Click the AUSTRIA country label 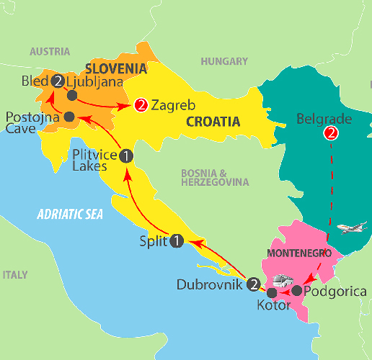click(x=50, y=52)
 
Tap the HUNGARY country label click(x=225, y=62)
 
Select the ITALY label click(x=14, y=275)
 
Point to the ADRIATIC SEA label click(x=70, y=214)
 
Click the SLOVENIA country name click(x=116, y=68)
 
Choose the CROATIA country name click(x=213, y=122)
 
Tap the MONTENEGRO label click(x=298, y=254)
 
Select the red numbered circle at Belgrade click(x=331, y=133)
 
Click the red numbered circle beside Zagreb click(x=141, y=105)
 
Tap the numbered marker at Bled click(x=57, y=81)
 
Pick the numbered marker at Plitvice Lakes click(x=125, y=155)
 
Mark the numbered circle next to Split click(x=177, y=241)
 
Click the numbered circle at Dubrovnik click(x=254, y=284)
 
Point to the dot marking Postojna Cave click(x=68, y=117)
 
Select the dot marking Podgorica click(x=297, y=291)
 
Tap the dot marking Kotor click(x=271, y=293)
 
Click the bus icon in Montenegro click(x=282, y=279)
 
